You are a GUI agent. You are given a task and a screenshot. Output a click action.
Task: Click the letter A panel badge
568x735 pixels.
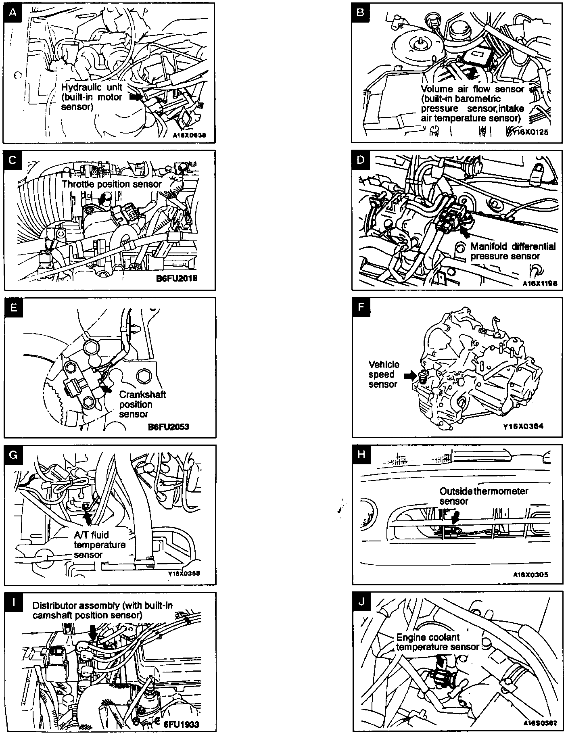pyautogui.click(x=13, y=13)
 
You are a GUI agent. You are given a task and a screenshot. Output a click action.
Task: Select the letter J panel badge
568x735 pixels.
pyautogui.click(x=361, y=602)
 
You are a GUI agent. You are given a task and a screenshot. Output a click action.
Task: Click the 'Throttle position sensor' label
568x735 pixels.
pyautogui.click(x=111, y=184)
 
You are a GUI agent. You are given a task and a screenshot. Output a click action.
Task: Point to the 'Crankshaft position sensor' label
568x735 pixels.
pyautogui.click(x=142, y=404)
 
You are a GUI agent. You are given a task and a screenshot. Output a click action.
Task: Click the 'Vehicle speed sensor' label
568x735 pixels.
pyautogui.click(x=384, y=374)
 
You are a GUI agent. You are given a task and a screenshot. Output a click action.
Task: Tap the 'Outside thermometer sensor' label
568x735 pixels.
pyautogui.click(x=484, y=496)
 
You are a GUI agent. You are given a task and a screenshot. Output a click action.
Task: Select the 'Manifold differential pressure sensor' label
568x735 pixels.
pyautogui.click(x=513, y=251)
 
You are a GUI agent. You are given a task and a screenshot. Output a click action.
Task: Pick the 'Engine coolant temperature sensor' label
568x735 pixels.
pyautogui.click(x=437, y=642)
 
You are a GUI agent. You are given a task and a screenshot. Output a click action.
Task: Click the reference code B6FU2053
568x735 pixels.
pyautogui.click(x=169, y=426)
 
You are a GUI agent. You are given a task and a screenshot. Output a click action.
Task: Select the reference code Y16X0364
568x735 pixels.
pyautogui.click(x=523, y=426)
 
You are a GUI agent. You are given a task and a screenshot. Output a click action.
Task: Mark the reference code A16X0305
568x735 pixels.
pyautogui.click(x=531, y=575)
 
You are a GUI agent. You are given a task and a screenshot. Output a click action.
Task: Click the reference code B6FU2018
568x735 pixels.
pyautogui.click(x=176, y=278)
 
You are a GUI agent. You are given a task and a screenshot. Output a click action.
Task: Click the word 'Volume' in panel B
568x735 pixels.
pyautogui.click(x=435, y=89)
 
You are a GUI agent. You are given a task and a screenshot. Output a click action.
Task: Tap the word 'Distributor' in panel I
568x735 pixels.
pyautogui.click(x=54, y=606)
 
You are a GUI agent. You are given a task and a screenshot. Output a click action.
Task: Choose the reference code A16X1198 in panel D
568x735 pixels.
pyautogui.click(x=540, y=283)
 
